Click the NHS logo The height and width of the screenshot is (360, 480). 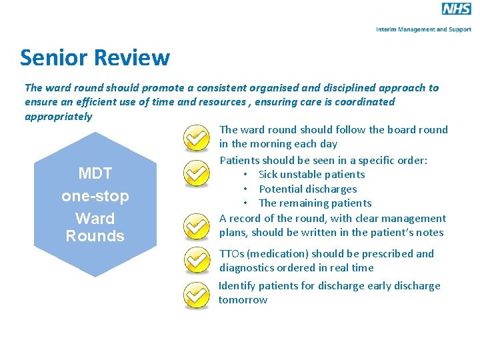tap(456, 9)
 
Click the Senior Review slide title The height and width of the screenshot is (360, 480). tap(95, 58)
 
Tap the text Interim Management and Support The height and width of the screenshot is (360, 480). tap(423, 29)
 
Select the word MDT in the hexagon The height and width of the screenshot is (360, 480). tap(95, 174)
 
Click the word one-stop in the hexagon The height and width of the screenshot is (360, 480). tap(95, 197)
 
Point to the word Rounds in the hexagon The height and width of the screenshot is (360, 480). tap(95, 236)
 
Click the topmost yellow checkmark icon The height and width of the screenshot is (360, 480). tap(196, 138)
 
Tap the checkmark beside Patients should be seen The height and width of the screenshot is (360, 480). tap(196, 173)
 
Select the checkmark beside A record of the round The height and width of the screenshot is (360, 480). tap(196, 226)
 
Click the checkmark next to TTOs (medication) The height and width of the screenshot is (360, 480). tap(196, 260)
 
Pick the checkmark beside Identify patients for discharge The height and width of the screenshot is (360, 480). tap(196, 295)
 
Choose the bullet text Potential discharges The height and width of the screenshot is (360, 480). tap(307, 189)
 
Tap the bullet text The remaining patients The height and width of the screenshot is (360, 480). tap(315, 203)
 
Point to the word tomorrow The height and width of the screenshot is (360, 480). tap(243, 300)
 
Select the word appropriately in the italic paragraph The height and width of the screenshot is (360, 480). tap(59, 117)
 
